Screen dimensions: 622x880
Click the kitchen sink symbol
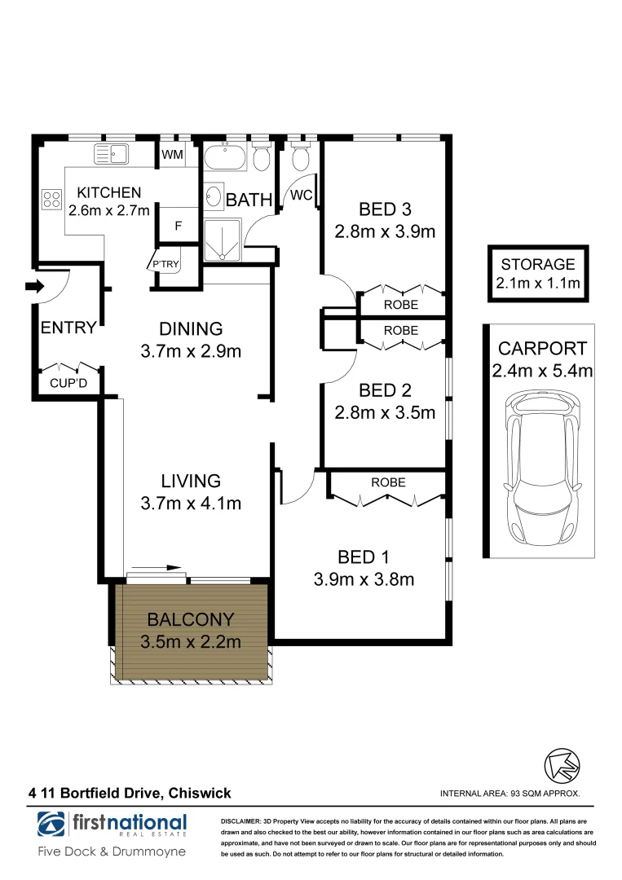[111, 154]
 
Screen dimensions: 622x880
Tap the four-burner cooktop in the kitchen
[51, 200]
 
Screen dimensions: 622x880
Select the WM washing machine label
[172, 154]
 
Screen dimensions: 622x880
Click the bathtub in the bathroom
[224, 158]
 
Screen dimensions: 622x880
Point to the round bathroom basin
[214, 197]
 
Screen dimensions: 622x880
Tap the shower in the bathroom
[223, 241]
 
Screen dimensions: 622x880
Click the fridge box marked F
[179, 226]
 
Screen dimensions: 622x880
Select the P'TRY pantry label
[165, 264]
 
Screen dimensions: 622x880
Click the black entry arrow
[35, 286]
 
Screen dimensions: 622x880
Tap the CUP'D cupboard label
[68, 383]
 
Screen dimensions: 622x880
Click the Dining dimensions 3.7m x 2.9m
[191, 351]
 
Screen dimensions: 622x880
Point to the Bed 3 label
[385, 209]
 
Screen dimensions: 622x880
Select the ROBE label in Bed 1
[389, 482]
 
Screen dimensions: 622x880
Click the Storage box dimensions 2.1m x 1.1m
[538, 283]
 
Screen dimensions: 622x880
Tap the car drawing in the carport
[540, 467]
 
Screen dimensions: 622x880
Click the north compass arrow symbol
[562, 765]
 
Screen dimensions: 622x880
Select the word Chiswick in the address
[200, 793]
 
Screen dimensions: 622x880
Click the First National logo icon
[51, 824]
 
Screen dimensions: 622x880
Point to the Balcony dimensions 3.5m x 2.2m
[191, 641]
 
